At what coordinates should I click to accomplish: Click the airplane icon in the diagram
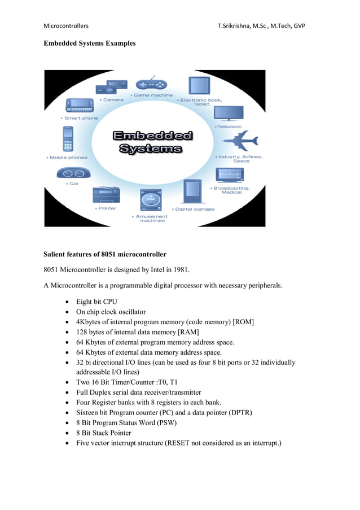coord(239,142)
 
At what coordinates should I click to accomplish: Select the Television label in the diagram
coord(229,127)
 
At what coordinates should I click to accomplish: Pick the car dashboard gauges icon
coord(74,173)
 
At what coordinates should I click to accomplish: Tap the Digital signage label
coord(194,209)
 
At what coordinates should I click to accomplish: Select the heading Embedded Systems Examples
coord(90,43)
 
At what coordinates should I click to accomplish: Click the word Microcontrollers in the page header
coord(66,26)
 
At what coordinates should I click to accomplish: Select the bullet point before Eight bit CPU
coord(68,302)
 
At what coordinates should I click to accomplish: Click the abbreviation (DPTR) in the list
coord(238,412)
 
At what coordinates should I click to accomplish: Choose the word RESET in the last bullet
coord(178,443)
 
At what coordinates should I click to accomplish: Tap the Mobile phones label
coord(69,158)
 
